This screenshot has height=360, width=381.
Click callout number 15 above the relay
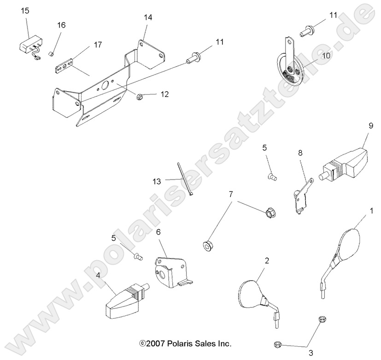point(25,10)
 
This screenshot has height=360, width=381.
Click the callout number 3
point(311,353)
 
